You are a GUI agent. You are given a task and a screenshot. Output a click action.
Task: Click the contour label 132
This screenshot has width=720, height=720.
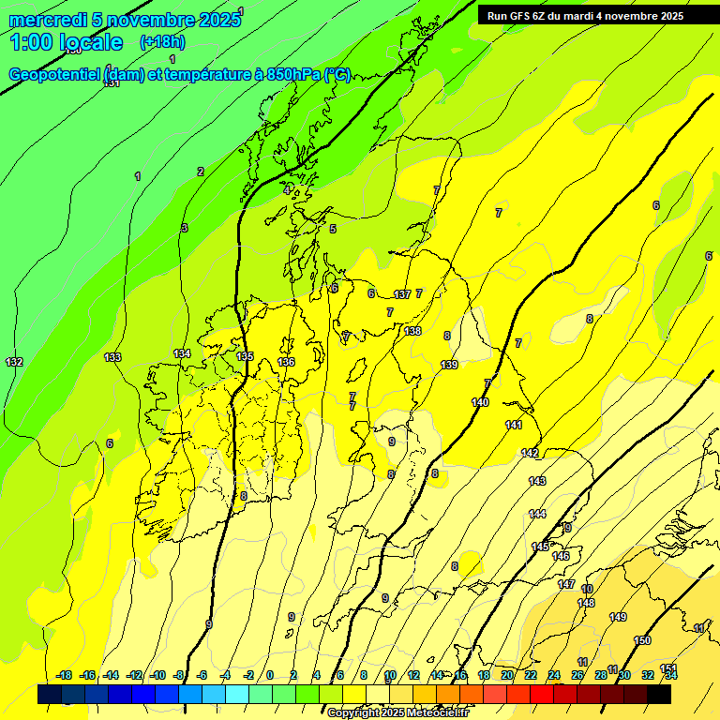pos(14,362)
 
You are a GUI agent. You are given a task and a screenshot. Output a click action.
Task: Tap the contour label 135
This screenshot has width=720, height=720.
pos(245,357)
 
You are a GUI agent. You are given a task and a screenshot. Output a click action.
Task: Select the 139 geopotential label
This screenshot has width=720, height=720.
pos(449,365)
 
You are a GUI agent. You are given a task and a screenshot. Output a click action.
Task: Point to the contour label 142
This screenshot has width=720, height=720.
pos(530,453)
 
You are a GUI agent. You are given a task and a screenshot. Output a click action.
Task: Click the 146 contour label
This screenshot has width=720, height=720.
pos(561,556)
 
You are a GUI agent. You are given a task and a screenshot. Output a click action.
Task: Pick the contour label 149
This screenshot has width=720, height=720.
pos(618,617)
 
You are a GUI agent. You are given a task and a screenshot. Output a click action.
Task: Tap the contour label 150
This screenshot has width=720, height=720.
pos(642,640)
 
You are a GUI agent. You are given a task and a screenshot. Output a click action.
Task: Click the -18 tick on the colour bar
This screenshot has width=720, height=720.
pos(64,675)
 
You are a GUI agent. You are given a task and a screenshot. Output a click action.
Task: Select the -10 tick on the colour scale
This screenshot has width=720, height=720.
pos(157,675)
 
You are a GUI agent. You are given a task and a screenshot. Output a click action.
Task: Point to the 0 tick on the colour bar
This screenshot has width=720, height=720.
pos(270,675)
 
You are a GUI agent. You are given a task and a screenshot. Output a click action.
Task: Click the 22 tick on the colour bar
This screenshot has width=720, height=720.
pos(531,675)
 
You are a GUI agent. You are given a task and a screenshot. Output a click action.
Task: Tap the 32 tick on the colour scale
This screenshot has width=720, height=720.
pos(648,675)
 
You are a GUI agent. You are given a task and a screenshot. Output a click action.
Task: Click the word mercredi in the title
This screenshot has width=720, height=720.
pos(48,20)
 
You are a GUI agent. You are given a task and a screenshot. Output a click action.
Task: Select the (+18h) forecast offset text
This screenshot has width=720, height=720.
pos(162,42)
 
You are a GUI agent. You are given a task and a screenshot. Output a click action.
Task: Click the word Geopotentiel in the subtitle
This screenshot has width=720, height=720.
pos(55,75)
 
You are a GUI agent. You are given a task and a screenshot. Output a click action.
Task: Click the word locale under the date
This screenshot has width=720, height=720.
pos(90,42)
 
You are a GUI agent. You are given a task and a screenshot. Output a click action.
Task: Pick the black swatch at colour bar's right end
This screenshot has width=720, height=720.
pos(659,694)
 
